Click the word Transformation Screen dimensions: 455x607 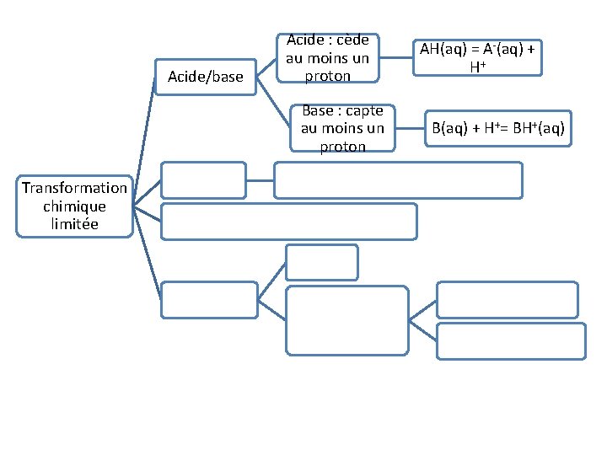point(75,188)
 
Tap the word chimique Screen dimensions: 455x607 point(75,206)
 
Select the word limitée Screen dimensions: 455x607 point(75,223)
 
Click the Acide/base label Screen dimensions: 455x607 point(206,78)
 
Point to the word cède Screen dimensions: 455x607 point(352,40)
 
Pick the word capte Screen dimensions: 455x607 point(364,110)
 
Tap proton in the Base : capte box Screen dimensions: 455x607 point(342,147)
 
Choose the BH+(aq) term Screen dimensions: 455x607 point(536,129)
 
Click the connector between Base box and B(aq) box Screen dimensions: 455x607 point(409,128)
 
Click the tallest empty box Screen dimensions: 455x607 point(346,318)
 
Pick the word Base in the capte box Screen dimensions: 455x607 point(318,110)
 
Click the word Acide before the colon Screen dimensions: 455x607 point(306,40)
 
